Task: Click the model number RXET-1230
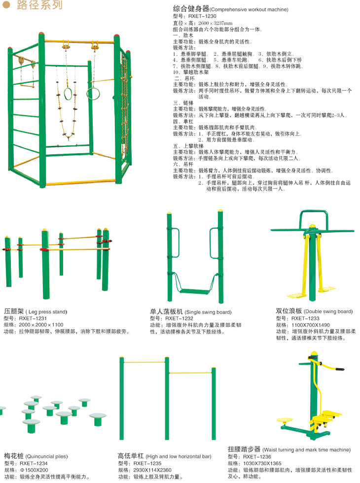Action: pyautogui.click(x=202, y=16)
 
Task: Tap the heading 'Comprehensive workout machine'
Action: pyautogui.click(x=249, y=9)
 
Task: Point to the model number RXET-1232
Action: pyautogui.click(x=179, y=318)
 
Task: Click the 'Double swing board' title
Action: pyautogui.click(x=328, y=311)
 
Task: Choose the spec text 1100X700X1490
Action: pyautogui.click(x=311, y=325)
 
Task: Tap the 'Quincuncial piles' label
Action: pyautogui.click(x=46, y=456)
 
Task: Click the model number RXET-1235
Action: pyautogui.click(x=147, y=463)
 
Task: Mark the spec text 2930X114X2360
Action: pyautogui.click(x=152, y=470)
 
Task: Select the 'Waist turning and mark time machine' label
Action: pyautogui.click(x=307, y=449)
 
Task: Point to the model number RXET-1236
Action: pyautogui.click(x=257, y=456)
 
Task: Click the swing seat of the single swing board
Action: pyautogui.click(x=194, y=291)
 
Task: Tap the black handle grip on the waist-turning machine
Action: pyautogui.click(x=340, y=369)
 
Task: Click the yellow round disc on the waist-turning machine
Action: pyautogui.click(x=285, y=420)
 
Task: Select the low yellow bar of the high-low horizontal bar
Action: pyautogui.click(x=191, y=373)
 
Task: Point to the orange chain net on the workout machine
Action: pyautogui.click(x=124, y=104)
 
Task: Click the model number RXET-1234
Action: pyautogui.click(x=34, y=463)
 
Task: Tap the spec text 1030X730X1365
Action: pyautogui.click(x=262, y=463)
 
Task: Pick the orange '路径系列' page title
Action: pyautogui.click(x=39, y=4)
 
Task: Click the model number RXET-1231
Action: pyautogui.click(x=33, y=318)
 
